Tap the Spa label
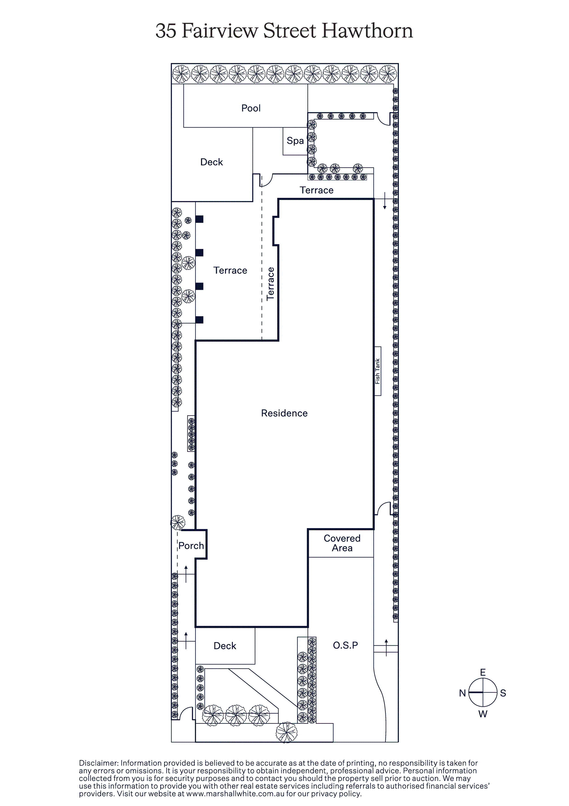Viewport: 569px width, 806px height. [295, 141]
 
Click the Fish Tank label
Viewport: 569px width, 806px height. [377, 371]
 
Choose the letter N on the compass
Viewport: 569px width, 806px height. [462, 693]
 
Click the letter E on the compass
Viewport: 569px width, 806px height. [483, 672]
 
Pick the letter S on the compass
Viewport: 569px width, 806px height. [503, 693]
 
